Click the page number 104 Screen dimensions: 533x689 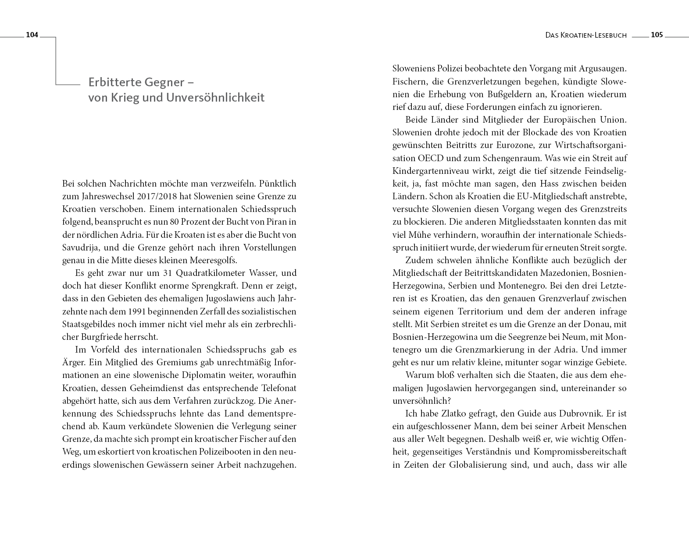coord(32,35)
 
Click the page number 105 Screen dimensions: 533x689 coord(657,35)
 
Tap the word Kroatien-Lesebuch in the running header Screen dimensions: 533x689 coord(594,35)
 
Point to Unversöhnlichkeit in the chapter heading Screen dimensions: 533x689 coord(215,97)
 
